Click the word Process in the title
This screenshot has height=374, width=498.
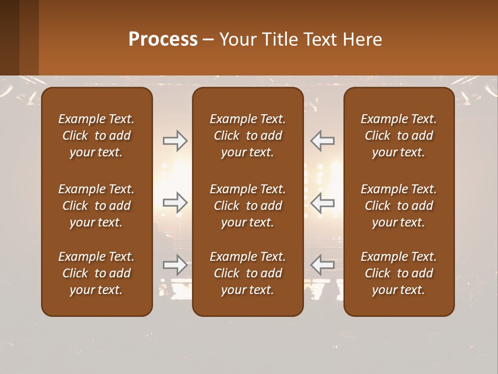(x=163, y=39)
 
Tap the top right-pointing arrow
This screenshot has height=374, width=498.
(x=175, y=141)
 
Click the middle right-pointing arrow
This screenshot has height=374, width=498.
(x=175, y=202)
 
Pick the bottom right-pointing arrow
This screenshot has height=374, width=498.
(x=175, y=265)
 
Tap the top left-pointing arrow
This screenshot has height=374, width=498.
(x=322, y=141)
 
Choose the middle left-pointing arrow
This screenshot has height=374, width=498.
(x=322, y=202)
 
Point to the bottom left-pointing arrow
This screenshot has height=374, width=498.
(x=322, y=265)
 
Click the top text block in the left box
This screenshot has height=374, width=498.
(x=96, y=136)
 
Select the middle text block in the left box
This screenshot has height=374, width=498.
(x=96, y=206)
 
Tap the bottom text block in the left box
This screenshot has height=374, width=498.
(x=96, y=273)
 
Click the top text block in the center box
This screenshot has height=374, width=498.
(x=247, y=136)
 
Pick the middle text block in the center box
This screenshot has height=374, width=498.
(x=247, y=206)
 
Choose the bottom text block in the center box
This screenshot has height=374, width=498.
(x=247, y=273)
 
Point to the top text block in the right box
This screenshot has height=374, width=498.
(x=398, y=136)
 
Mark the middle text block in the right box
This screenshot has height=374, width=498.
(x=398, y=206)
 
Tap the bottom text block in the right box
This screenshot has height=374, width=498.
(x=398, y=273)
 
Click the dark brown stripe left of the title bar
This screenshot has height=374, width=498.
(x=9, y=37)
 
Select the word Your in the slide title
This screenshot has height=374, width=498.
(x=237, y=39)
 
